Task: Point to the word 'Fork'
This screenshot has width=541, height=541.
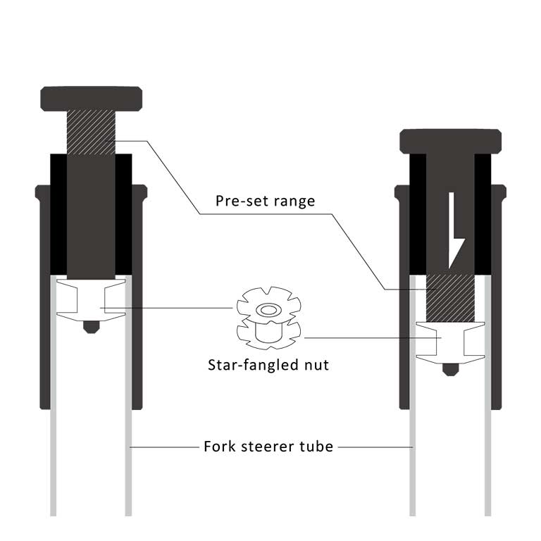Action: (219, 446)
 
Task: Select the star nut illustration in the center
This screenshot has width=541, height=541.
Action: (268, 321)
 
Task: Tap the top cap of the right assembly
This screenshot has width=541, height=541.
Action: (451, 140)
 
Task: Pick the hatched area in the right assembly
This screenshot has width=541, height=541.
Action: (450, 297)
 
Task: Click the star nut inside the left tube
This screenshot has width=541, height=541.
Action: (90, 299)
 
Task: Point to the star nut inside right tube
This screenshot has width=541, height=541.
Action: (450, 341)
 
